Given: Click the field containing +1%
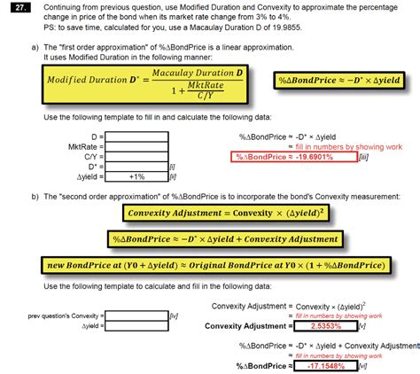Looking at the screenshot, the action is [x=136, y=176].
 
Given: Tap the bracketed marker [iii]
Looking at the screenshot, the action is [x=362, y=157].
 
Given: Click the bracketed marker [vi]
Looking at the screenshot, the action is [x=362, y=365].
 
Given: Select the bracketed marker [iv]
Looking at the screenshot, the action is [x=175, y=316].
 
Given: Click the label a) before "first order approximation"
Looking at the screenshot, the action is [x=35, y=46].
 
